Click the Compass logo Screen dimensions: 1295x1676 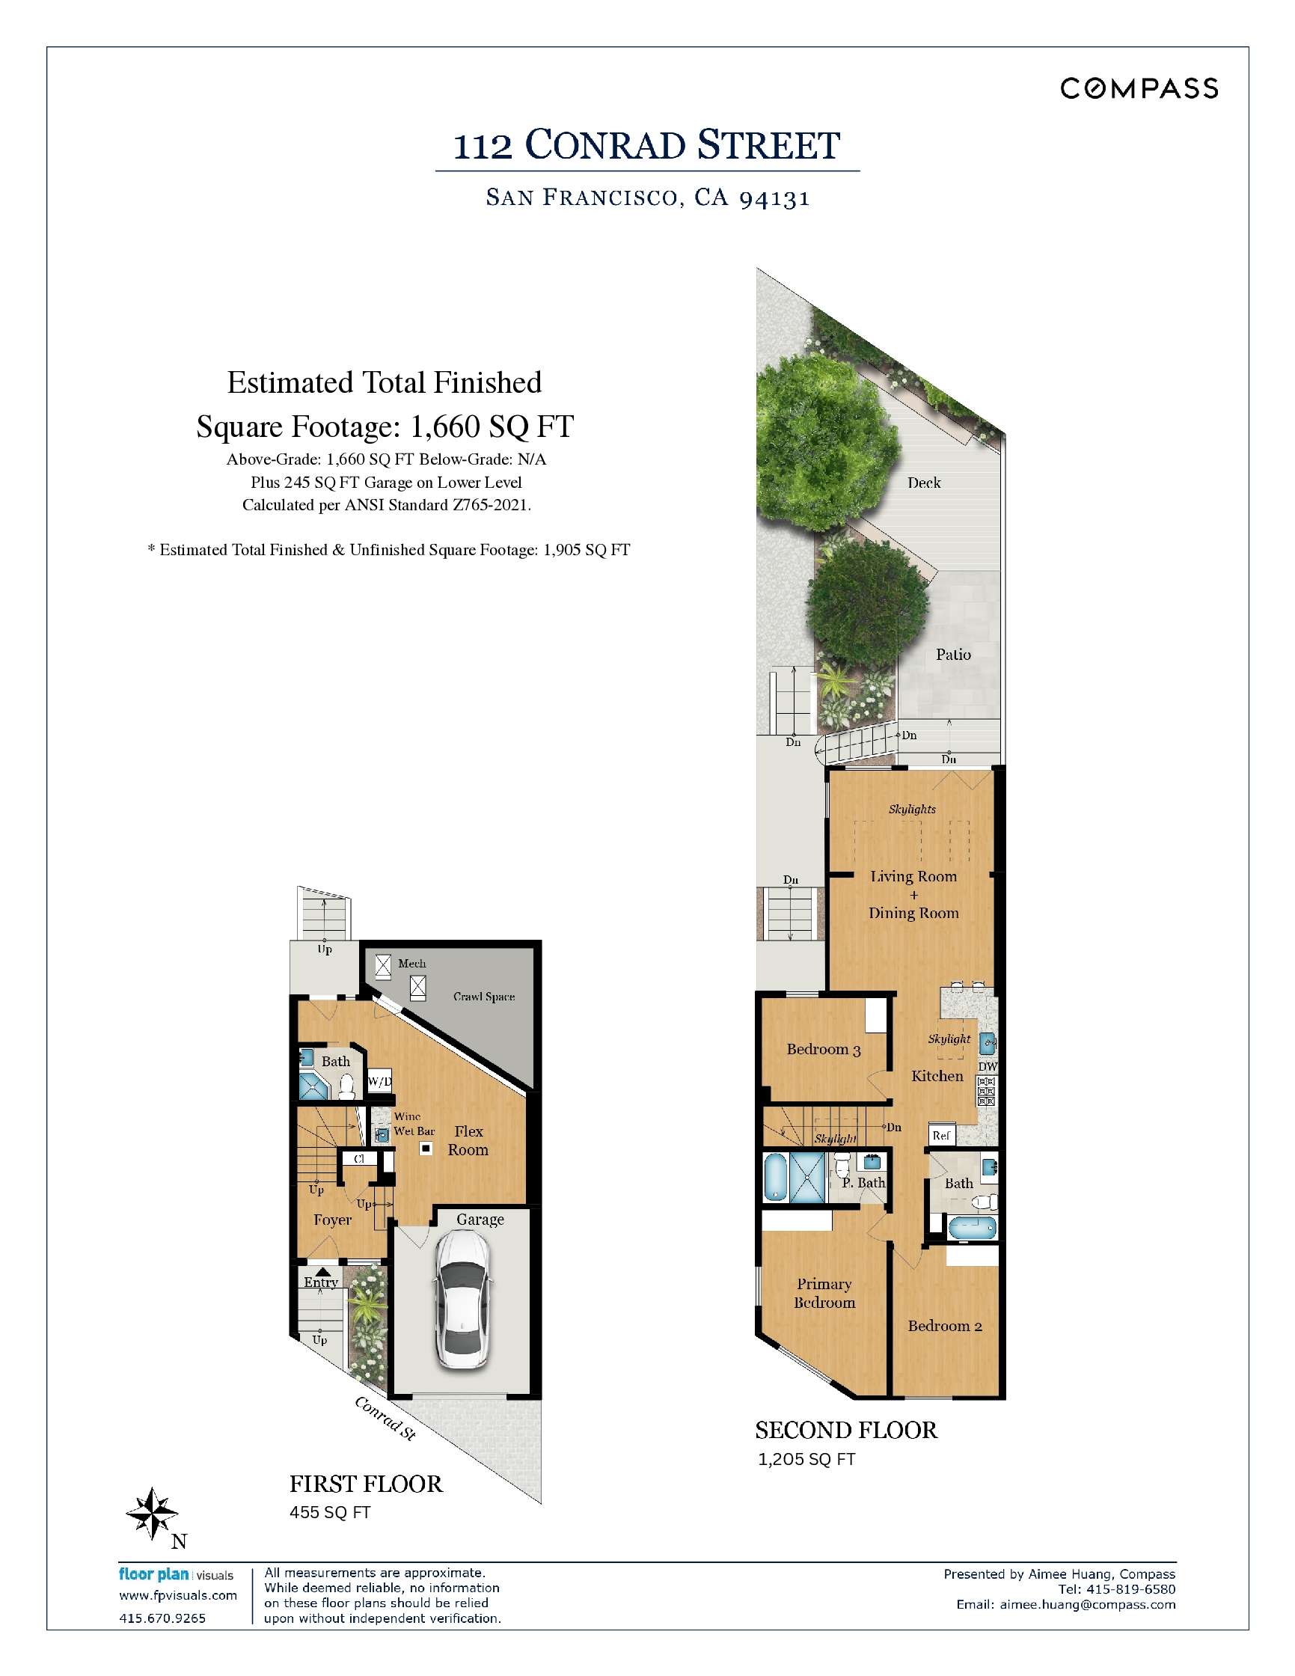tap(1139, 89)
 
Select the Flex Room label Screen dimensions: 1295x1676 tap(468, 1140)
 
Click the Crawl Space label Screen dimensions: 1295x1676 tap(483, 997)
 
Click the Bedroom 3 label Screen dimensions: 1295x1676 tap(823, 1050)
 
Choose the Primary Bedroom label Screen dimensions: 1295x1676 tap(824, 1293)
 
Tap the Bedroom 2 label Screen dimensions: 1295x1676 tap(944, 1326)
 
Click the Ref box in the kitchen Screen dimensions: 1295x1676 tap(941, 1135)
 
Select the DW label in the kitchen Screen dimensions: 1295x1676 tap(988, 1067)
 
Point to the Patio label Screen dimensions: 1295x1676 tap(953, 655)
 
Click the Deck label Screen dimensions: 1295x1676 tap(924, 483)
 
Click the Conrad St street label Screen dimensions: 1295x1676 tap(385, 1418)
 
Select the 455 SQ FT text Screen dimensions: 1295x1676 tap(330, 1513)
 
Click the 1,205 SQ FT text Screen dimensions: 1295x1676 tap(806, 1460)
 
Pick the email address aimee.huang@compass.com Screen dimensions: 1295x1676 tap(1087, 1605)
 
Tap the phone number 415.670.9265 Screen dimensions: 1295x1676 tap(162, 1618)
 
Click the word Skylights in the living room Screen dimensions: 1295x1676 tap(912, 810)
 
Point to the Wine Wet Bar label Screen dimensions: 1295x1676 tap(414, 1124)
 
